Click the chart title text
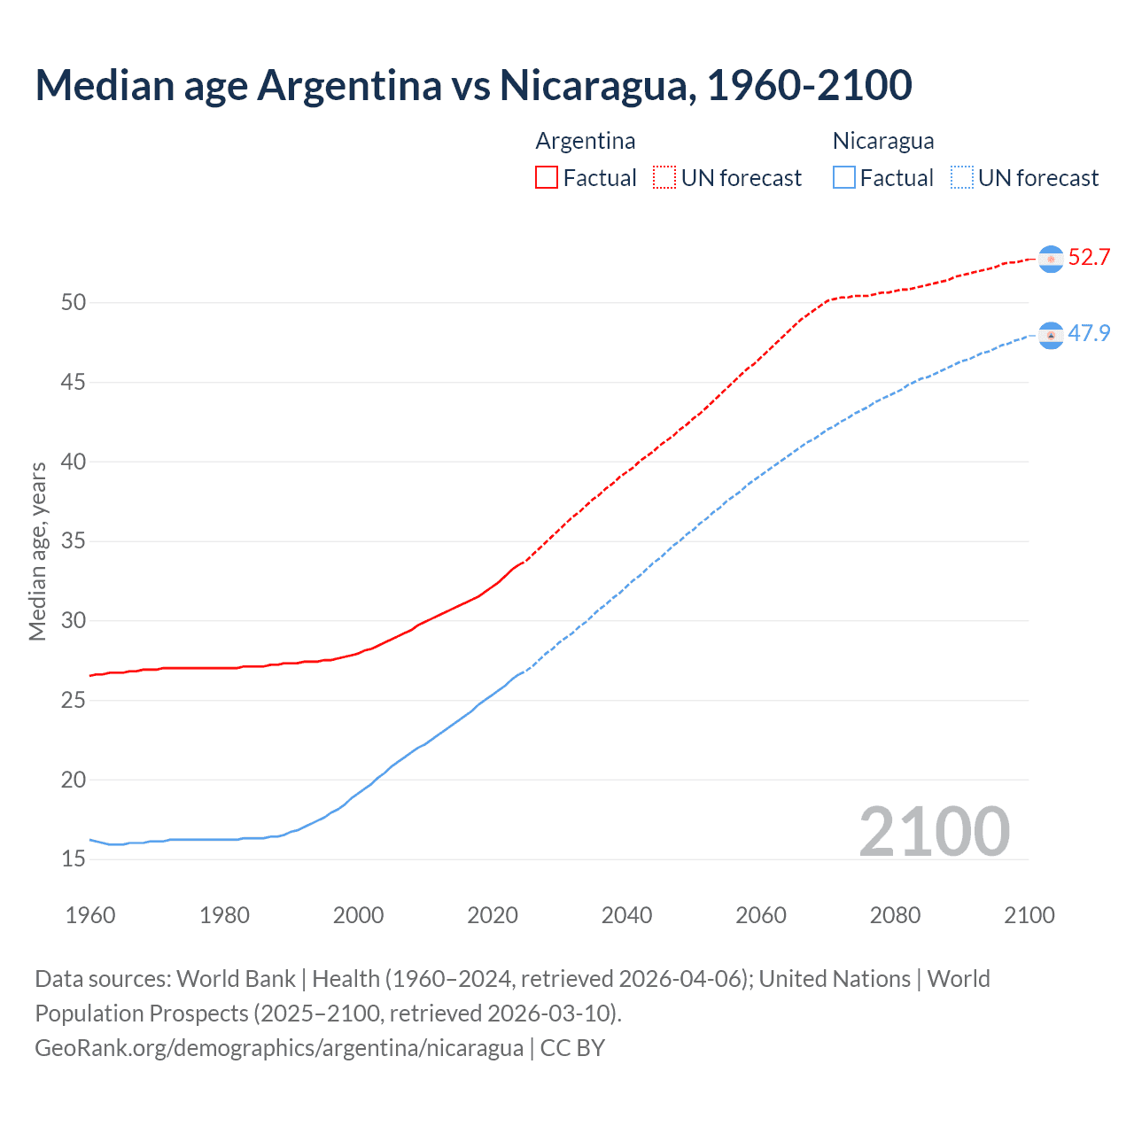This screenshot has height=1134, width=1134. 473,85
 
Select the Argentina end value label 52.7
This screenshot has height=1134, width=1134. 1089,258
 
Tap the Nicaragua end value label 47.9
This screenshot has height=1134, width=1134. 1089,334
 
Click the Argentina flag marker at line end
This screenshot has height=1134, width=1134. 1051,259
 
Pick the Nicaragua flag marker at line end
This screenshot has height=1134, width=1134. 1051,335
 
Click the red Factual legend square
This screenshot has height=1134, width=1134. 547,177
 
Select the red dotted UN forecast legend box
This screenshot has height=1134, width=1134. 664,177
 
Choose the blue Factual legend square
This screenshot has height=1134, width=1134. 844,177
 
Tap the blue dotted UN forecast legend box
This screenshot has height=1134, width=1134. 962,177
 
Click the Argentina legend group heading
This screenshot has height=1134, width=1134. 586,141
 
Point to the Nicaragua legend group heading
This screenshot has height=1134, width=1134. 883,141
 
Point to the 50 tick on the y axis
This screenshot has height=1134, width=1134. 74,303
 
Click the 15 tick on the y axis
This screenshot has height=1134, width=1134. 74,859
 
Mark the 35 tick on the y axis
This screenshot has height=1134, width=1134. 74,541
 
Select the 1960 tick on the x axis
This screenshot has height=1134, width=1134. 90,915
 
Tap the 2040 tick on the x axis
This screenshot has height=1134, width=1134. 626,915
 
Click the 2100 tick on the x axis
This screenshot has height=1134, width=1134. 1029,915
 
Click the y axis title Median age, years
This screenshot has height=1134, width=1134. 37,551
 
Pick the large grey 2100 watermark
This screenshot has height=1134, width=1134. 934,832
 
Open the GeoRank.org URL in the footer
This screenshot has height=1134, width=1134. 279,1048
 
